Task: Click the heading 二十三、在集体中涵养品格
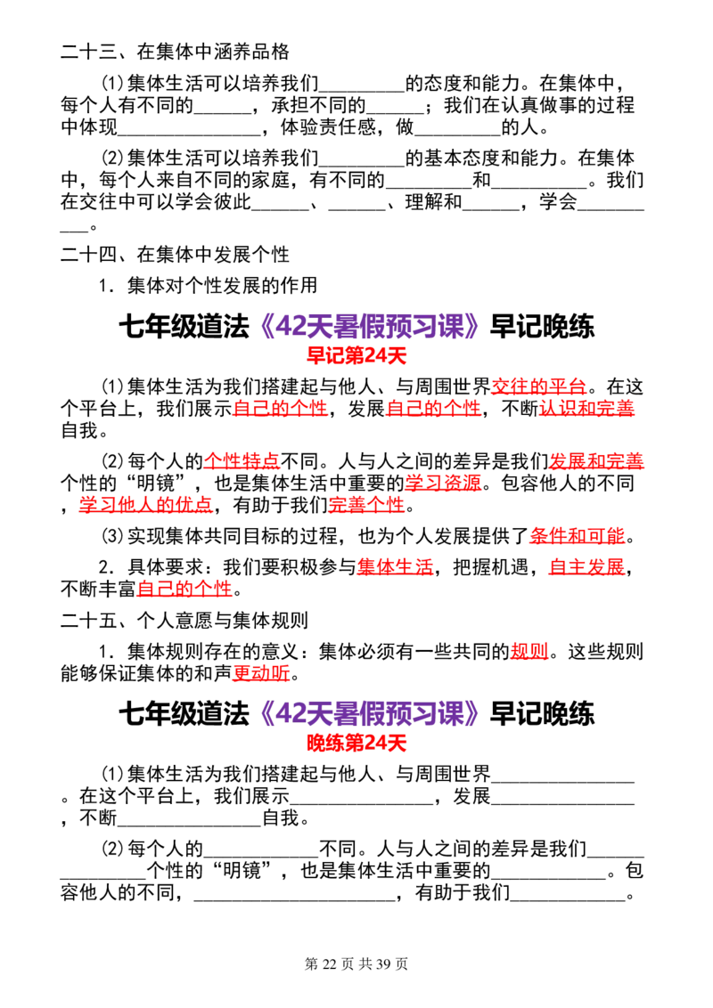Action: tap(175, 52)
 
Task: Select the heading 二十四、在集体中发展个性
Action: tap(175, 255)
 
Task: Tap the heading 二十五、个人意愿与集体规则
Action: tap(184, 621)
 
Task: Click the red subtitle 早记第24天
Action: tap(356, 355)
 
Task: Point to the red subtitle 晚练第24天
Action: tap(356, 744)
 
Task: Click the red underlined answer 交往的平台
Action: tap(538, 386)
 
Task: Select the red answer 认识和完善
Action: tap(586, 408)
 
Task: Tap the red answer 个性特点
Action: tap(242, 461)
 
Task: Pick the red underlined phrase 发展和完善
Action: tap(596, 461)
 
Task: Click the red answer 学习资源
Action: tap(443, 483)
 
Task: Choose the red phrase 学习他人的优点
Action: tap(146, 505)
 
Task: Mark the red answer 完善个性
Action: tap(367, 505)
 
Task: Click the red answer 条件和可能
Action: tap(578, 535)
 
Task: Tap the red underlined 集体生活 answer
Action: tap(395, 566)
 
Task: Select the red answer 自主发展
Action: tap(586, 566)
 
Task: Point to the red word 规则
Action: tap(529, 651)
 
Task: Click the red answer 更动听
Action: tap(261, 673)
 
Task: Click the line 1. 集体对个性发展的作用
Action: tap(208, 286)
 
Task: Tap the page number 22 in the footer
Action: tap(330, 963)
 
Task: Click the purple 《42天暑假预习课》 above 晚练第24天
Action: tap(369, 713)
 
